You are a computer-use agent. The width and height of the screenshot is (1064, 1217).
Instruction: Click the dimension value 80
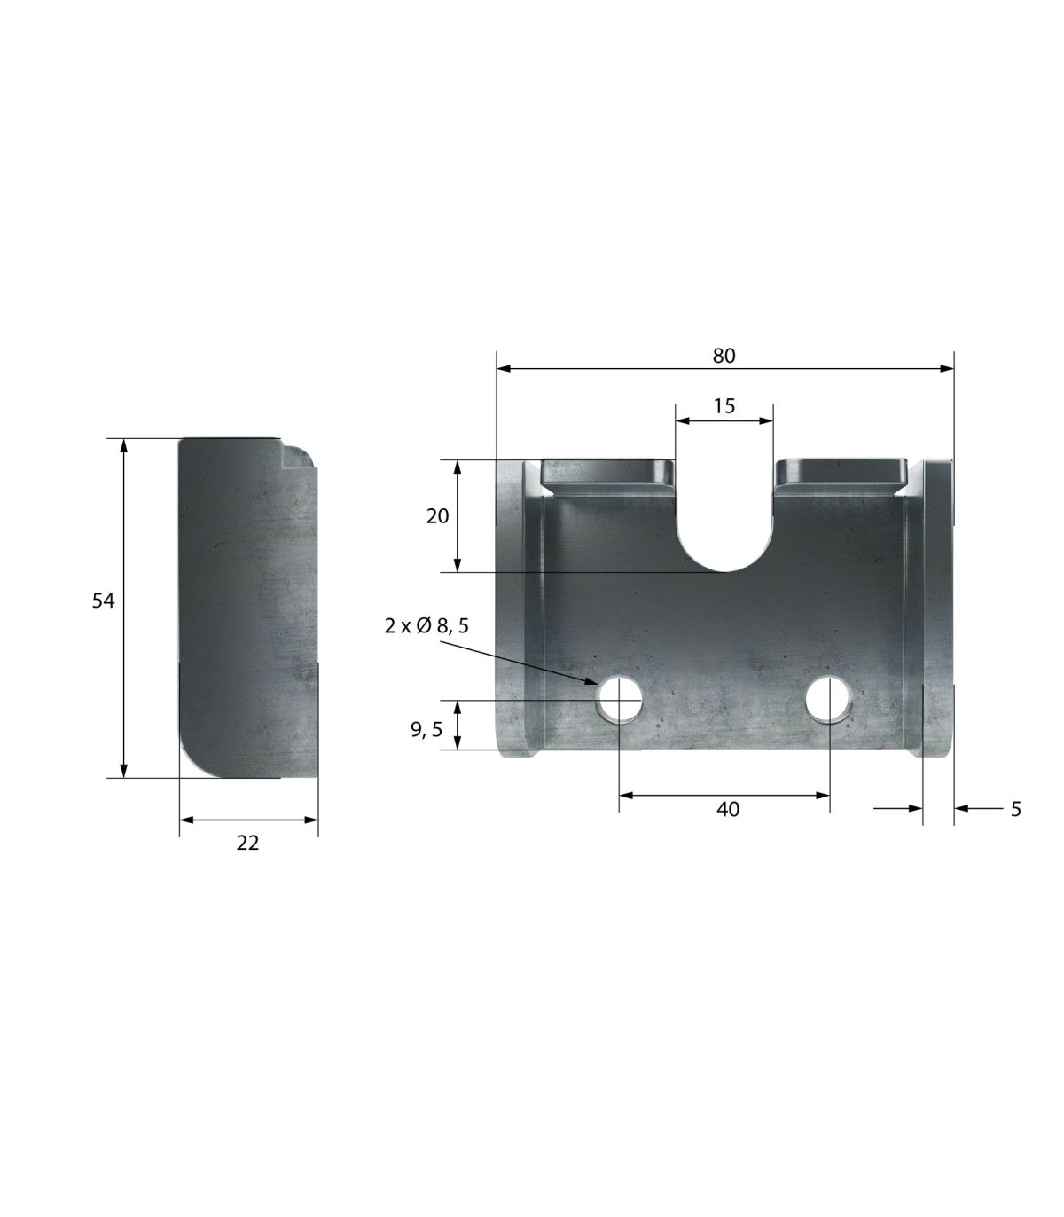point(724,356)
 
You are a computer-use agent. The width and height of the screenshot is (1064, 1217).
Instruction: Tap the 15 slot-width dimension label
point(724,406)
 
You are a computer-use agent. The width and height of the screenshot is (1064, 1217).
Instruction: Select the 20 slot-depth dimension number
point(437,516)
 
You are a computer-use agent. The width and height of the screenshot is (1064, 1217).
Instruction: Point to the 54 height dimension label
point(103,601)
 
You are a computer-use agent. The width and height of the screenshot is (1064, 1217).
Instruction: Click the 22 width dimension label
point(247,843)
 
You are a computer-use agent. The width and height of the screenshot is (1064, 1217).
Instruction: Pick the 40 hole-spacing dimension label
point(728,809)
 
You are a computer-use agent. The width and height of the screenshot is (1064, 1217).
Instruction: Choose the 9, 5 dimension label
point(426,729)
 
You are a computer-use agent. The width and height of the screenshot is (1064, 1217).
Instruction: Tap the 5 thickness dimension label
point(1016,809)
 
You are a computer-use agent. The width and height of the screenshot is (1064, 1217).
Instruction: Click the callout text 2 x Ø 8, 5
point(426,625)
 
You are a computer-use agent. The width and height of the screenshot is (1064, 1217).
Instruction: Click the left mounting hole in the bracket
point(620,699)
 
